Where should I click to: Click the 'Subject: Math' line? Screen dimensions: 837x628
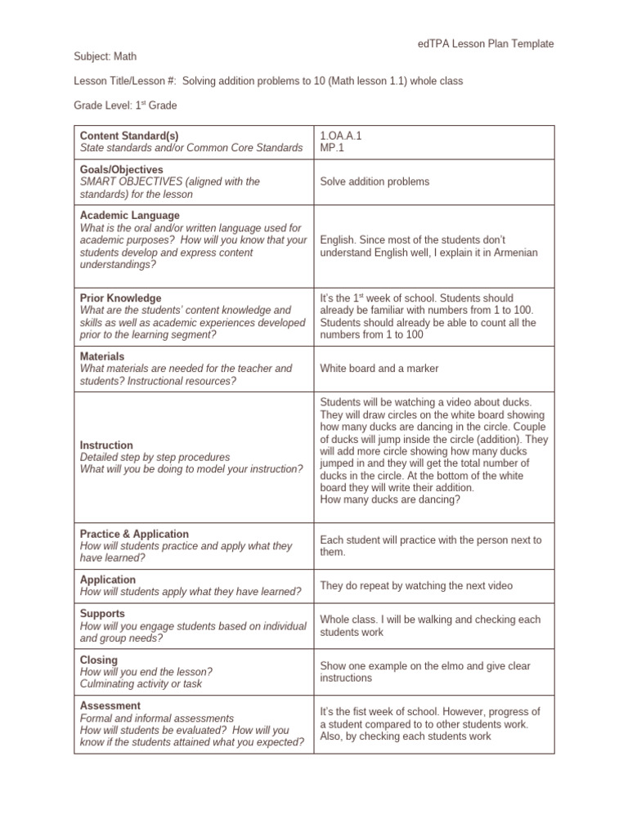point(105,56)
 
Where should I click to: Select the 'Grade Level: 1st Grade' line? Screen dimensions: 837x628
point(126,105)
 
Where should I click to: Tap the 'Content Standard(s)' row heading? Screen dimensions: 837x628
point(129,136)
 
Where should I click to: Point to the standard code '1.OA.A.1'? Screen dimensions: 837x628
point(341,136)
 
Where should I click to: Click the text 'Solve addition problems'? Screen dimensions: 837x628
point(375,181)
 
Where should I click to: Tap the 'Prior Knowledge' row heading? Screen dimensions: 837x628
point(120,298)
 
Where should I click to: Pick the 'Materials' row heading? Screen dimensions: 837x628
point(102,356)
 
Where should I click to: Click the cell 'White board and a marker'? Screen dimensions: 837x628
point(379,369)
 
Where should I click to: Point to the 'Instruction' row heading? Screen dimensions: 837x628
point(106,445)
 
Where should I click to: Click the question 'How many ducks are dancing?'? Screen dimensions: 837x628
point(390,499)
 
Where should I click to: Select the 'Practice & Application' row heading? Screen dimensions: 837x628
point(134,534)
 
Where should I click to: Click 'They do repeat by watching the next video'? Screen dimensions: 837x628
point(416,586)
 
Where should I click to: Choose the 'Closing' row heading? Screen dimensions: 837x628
point(99,660)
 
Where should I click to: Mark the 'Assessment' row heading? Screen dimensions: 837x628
point(110,705)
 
